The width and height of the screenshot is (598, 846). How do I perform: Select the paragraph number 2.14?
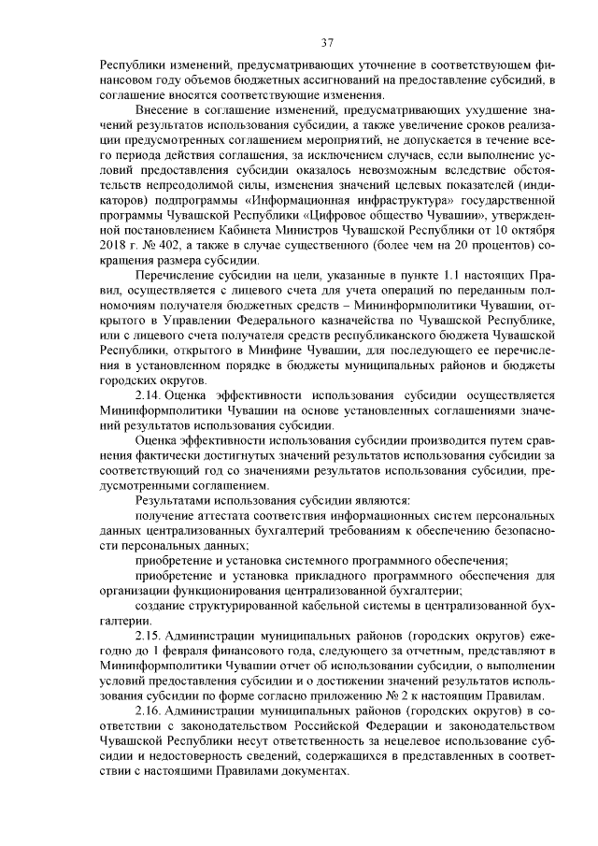tap(150, 394)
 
